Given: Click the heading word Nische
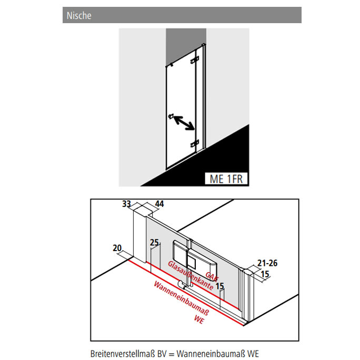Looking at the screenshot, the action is click(x=79, y=16).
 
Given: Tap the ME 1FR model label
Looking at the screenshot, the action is click(x=226, y=179).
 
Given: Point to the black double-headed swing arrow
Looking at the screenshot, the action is click(x=184, y=123).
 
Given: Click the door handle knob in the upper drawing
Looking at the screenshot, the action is click(x=171, y=116).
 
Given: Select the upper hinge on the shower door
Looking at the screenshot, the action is click(x=194, y=60).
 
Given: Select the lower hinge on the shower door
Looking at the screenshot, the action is click(x=194, y=144).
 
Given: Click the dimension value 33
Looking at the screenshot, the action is click(x=126, y=204).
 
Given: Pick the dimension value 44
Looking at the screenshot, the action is click(x=159, y=204).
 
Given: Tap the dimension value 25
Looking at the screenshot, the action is click(x=155, y=243).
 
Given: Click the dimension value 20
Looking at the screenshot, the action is click(x=117, y=248).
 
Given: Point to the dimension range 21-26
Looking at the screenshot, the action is click(x=267, y=263).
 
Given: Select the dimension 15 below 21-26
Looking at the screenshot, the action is click(x=265, y=274).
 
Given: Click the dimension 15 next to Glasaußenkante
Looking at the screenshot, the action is click(x=219, y=286).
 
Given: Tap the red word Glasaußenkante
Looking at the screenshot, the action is click(x=191, y=275).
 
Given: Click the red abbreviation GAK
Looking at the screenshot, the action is click(x=212, y=276).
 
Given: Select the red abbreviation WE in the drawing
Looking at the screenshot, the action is click(x=199, y=319).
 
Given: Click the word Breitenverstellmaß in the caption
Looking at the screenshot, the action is click(x=123, y=354).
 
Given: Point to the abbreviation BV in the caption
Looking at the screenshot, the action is click(x=162, y=354).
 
